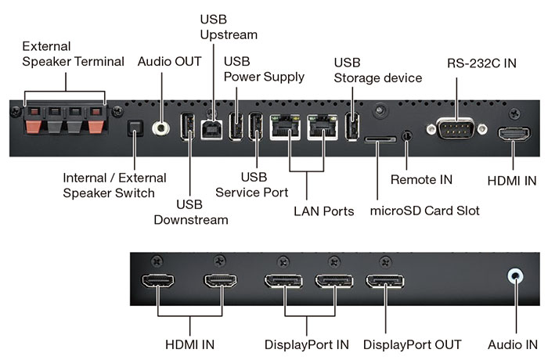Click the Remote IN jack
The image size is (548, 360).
pos(406,135)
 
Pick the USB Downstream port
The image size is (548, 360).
pos(188,128)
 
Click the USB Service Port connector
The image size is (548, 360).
pos(255,128)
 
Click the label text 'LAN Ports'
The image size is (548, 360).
pos(323,211)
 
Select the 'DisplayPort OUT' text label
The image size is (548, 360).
pos(412,344)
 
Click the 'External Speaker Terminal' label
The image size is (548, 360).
pos(73,53)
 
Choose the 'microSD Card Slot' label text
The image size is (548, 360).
pos(424,211)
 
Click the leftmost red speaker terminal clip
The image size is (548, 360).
pos(34,124)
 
